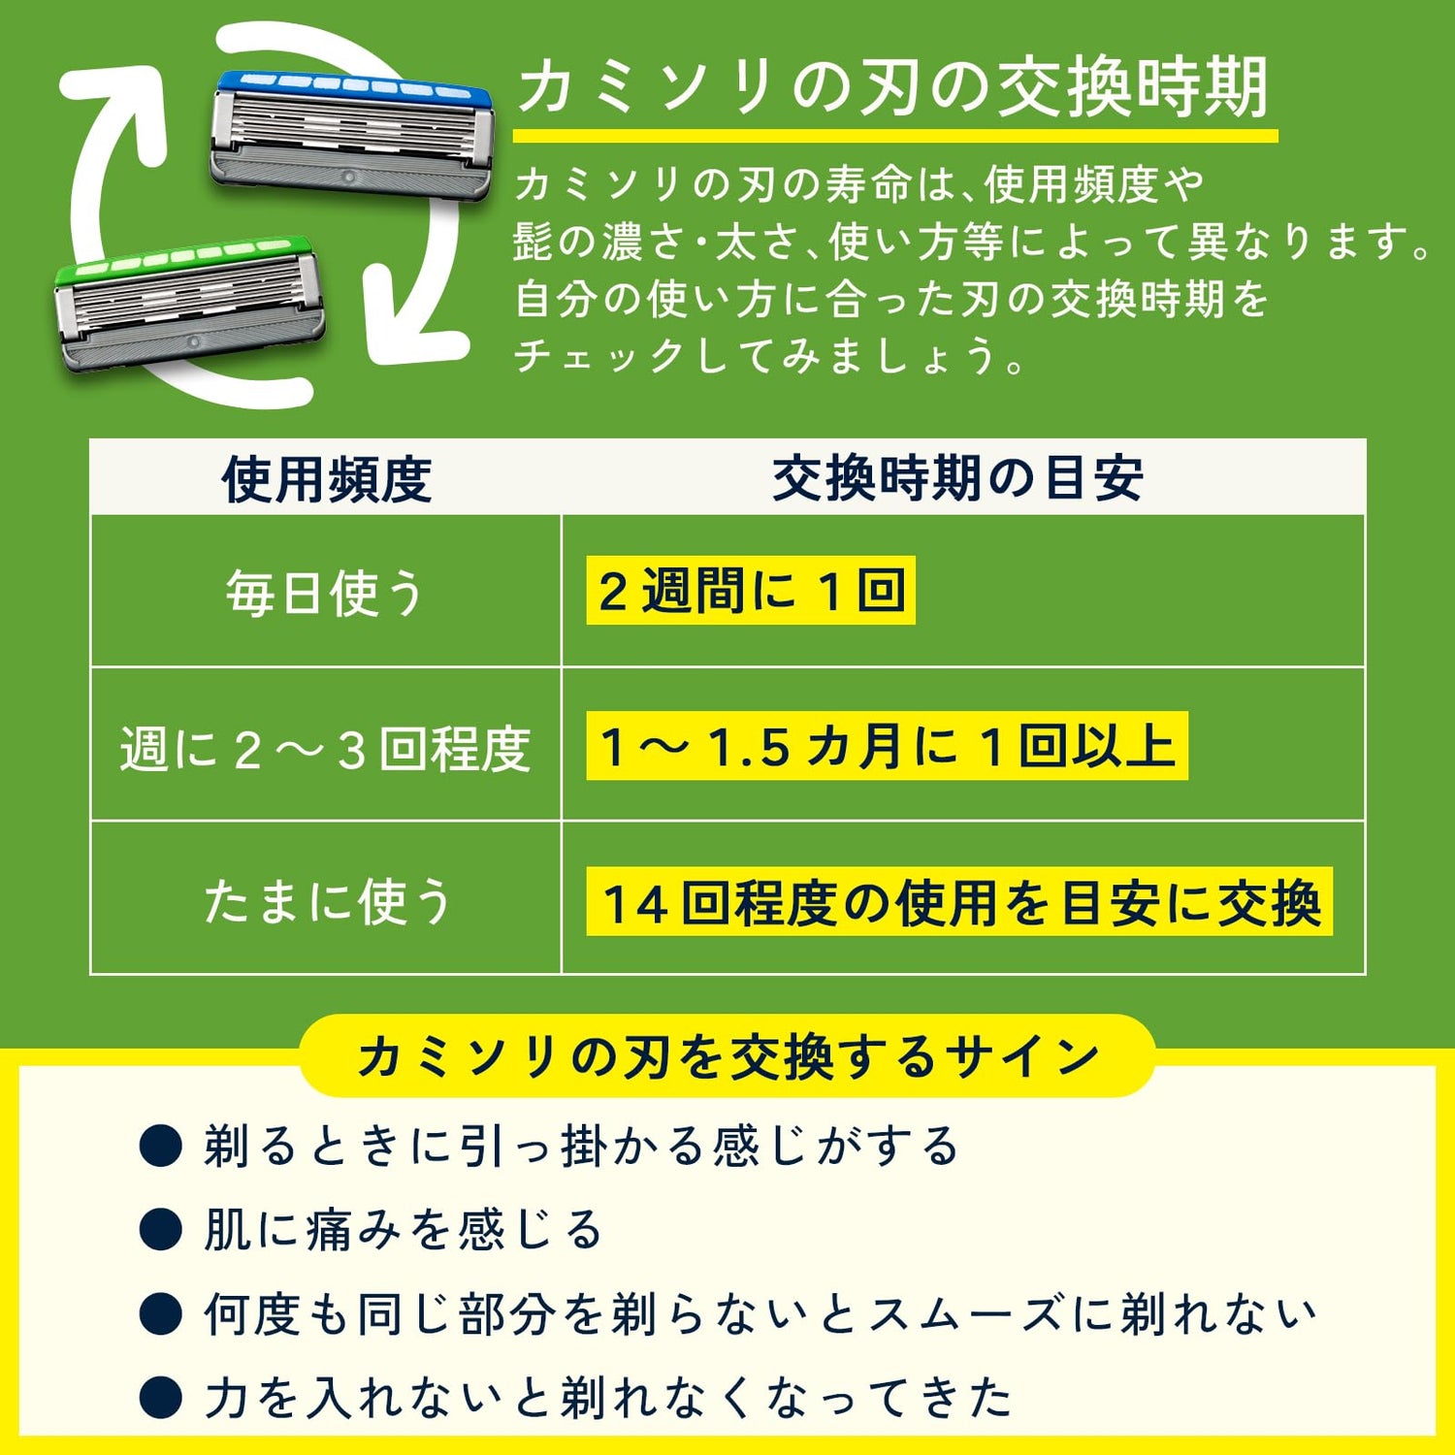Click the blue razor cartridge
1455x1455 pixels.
352,135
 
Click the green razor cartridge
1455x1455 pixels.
189,304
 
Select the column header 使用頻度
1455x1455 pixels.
327,478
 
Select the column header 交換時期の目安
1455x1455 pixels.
958,478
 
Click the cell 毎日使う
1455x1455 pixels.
326,592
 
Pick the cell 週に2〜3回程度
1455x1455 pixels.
326,748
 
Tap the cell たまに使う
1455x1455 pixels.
328,900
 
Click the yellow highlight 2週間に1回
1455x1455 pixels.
751,591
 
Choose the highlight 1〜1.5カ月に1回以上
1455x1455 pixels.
887,746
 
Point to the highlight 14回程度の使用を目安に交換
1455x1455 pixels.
959,901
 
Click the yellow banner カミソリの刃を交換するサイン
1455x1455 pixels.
727,1055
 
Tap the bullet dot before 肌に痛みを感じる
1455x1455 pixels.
161,1230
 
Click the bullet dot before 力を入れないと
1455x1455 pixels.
161,1398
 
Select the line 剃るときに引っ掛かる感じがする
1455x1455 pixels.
581,1146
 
